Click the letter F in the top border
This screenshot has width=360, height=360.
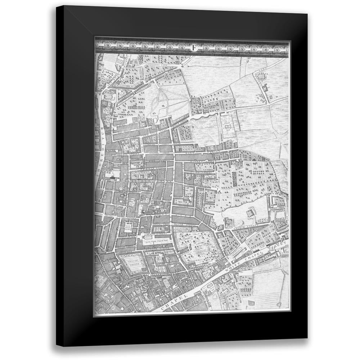pyautogui.click(x=194, y=47)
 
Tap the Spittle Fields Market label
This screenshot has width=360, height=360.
pyautogui.click(x=128, y=227)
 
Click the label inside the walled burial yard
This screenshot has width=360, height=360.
pyautogui.click(x=228, y=126)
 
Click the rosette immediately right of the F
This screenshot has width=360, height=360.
pyautogui.click(x=206, y=47)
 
